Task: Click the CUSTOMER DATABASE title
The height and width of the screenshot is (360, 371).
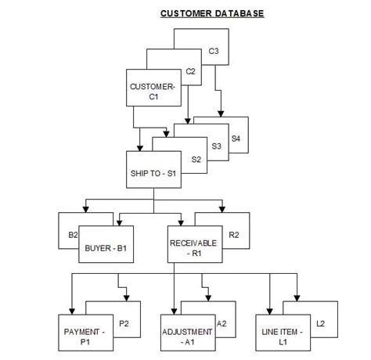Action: coord(212,13)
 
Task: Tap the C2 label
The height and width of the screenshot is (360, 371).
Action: coord(190,71)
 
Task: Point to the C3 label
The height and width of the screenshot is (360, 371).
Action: coord(213,52)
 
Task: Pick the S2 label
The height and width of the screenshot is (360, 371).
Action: coord(196,160)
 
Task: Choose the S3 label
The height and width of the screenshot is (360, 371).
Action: coord(217,146)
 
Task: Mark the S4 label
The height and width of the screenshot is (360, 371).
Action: coord(236,139)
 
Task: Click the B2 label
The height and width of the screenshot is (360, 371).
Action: coord(73,234)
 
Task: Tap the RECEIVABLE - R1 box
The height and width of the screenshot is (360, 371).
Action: coord(193,248)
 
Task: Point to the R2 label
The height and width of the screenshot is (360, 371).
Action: coord(233,234)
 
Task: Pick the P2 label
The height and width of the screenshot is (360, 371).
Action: coord(123,323)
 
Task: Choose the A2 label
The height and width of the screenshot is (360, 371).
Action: coord(222,323)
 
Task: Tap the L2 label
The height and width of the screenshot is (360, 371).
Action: coord(320,322)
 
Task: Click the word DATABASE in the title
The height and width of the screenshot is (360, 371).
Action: coord(237,13)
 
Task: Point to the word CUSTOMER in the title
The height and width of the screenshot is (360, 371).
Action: coord(185,13)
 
